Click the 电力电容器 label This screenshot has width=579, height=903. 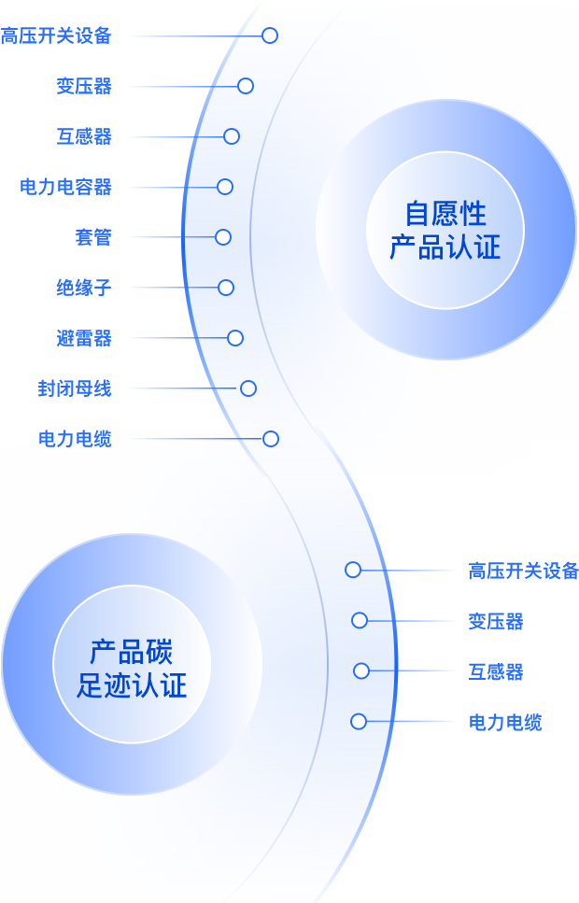point(65,187)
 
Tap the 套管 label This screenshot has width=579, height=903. point(93,237)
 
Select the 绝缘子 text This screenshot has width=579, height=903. point(84,288)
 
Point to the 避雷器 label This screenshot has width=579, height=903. point(84,338)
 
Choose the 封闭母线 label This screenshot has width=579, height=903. point(75,388)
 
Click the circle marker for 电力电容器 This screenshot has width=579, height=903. point(225,187)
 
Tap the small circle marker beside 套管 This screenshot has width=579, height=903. point(223,237)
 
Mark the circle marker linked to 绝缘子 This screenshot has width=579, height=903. point(226,288)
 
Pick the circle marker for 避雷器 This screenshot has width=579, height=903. point(235,338)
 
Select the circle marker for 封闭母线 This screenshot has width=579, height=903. point(248,388)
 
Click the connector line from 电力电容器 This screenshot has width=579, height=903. point(172,187)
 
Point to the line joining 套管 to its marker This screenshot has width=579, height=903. point(172,237)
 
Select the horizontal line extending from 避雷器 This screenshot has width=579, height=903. point(177,338)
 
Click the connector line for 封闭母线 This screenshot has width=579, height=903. point(183,388)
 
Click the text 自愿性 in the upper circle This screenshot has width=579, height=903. point(445,213)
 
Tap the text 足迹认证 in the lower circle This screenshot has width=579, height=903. point(132,684)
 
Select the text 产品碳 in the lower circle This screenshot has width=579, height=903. point(132,651)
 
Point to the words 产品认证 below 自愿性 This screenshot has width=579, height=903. point(445,247)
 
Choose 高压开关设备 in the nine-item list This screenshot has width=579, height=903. point(56,35)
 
